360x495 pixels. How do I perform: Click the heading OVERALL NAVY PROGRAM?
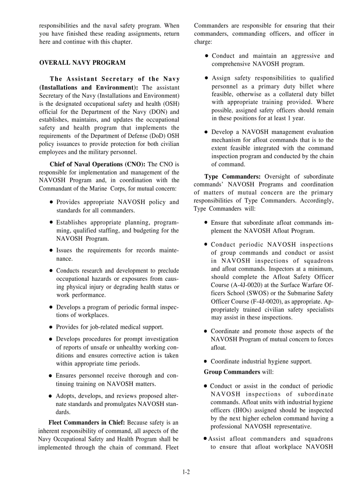(82, 63)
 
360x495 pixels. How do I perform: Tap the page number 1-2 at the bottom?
(186, 472)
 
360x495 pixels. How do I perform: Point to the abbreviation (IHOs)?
(250, 410)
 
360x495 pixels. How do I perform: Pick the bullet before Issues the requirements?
(51, 251)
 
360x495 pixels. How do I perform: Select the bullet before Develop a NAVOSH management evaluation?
(206, 132)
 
